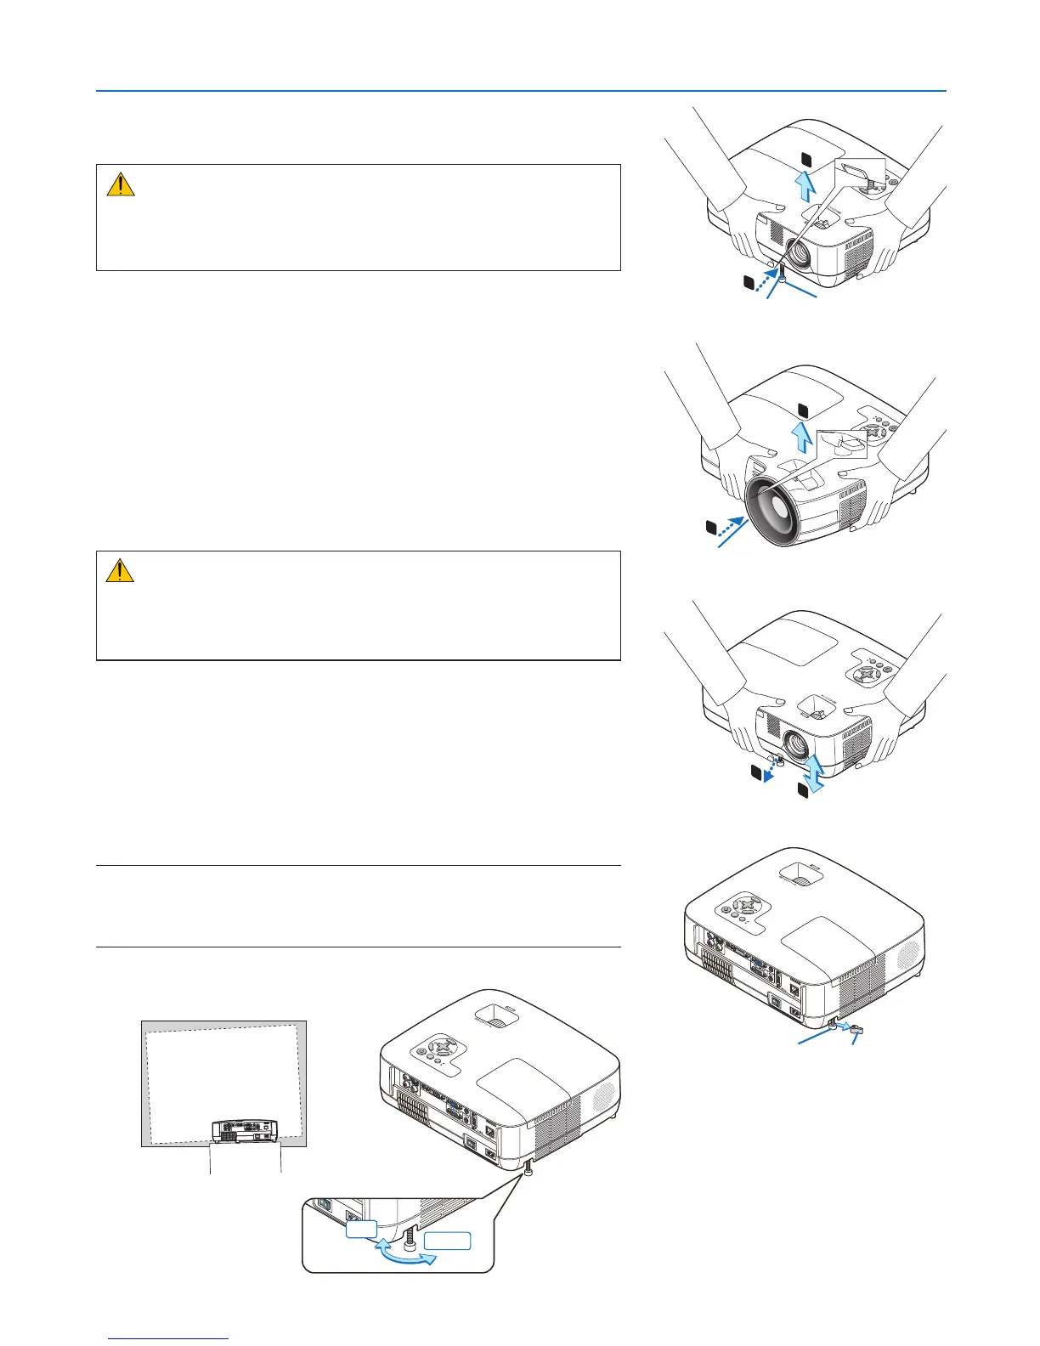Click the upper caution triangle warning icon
[121, 184]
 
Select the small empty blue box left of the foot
[360, 1230]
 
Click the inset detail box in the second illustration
[842, 444]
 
